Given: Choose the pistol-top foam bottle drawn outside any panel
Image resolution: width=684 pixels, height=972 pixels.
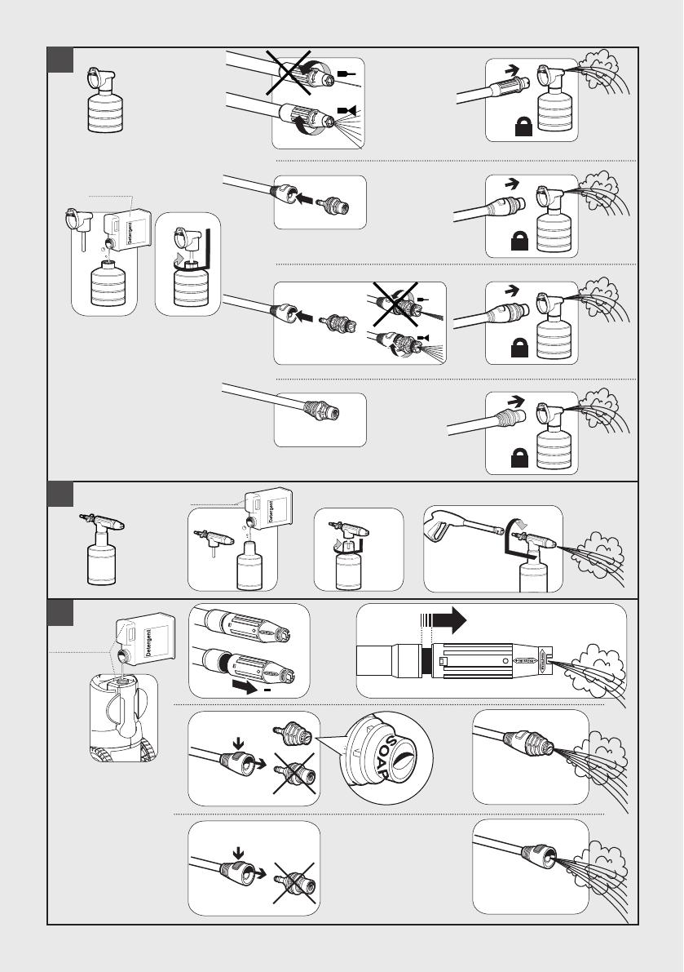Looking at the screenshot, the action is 101,552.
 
